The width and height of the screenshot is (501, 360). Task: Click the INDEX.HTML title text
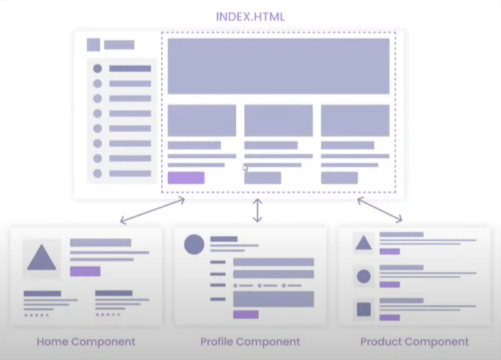(250, 16)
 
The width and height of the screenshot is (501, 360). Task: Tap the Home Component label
(86, 341)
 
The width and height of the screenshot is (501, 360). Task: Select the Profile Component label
(250, 341)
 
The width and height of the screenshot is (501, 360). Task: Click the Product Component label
(414, 341)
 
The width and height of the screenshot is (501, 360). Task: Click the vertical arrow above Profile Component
(258, 210)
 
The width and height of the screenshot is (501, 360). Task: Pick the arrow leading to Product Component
(379, 210)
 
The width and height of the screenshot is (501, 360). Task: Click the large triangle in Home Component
(42, 258)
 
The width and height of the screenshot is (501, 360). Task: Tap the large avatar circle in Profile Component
(194, 245)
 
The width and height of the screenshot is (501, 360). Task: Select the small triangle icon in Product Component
(364, 243)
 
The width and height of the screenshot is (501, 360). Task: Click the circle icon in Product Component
(364, 276)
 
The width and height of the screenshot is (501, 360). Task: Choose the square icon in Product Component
(364, 310)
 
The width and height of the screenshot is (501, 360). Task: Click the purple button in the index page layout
(186, 177)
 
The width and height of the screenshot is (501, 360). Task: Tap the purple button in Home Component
(85, 271)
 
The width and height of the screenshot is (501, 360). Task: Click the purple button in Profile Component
(245, 314)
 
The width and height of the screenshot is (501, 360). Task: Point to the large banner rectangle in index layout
(278, 66)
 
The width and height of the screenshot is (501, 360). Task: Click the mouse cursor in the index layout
(245, 167)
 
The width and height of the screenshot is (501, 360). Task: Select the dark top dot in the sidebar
(97, 69)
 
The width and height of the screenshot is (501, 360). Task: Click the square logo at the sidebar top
(94, 44)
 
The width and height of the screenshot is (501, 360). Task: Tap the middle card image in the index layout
(278, 120)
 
